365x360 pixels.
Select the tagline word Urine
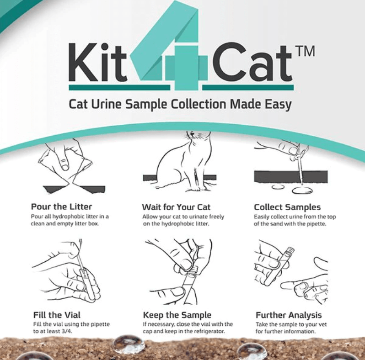click(106, 104)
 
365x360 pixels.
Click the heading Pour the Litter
click(61, 207)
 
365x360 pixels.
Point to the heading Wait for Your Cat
click(176, 207)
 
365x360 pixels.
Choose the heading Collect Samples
click(287, 207)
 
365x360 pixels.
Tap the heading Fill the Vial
click(57, 315)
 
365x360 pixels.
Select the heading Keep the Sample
click(177, 315)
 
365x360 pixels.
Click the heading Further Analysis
click(289, 315)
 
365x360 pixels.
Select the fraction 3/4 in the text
click(67, 331)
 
